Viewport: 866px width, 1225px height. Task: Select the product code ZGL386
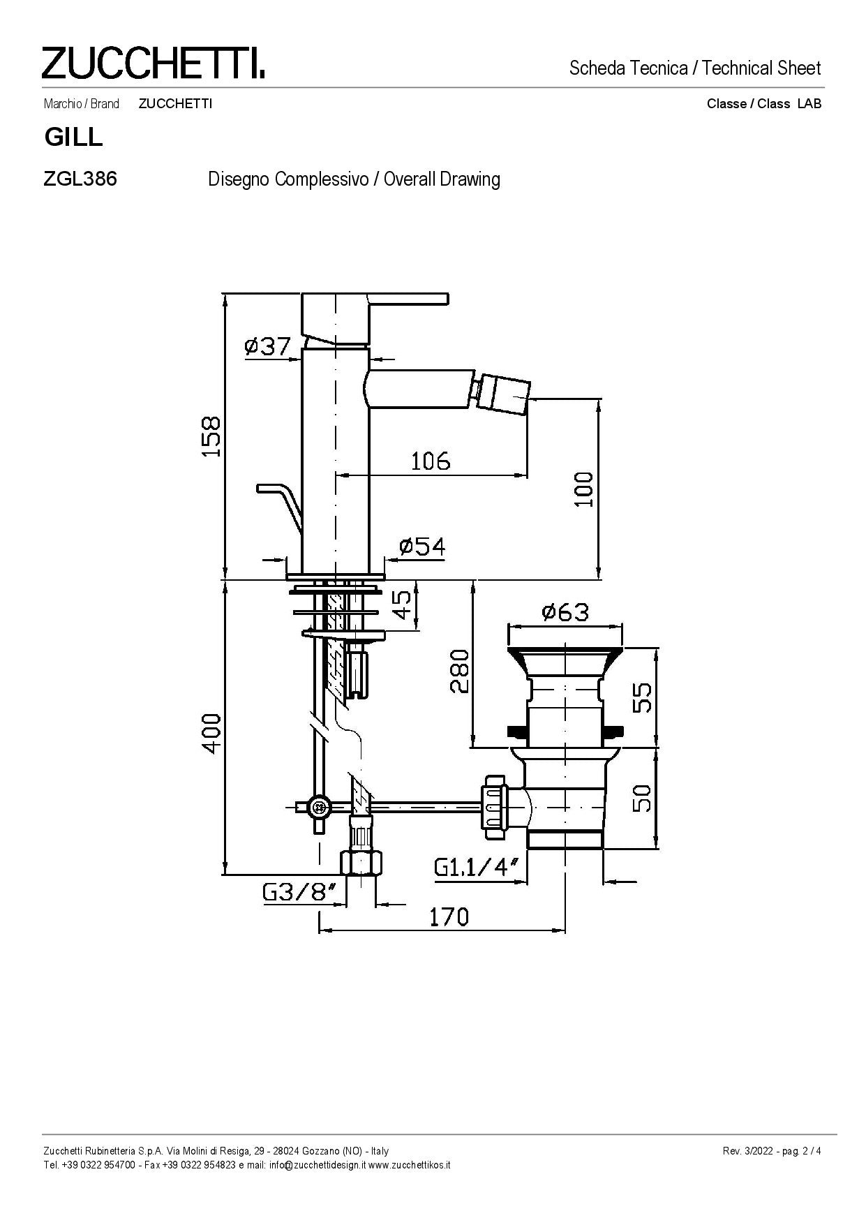80,179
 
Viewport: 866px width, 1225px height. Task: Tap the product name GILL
73,137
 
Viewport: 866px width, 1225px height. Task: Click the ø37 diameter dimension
267,346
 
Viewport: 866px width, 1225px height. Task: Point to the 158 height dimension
211,436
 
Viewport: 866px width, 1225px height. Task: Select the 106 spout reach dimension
431,461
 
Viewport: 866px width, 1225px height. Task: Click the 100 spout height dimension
584,489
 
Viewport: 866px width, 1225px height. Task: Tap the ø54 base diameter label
422,546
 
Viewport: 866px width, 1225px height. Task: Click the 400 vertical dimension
211,733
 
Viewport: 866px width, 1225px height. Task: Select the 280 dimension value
459,671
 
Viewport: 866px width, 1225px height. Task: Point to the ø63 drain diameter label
565,612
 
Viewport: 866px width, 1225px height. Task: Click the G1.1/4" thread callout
478,867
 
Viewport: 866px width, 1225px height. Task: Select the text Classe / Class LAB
764,104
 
